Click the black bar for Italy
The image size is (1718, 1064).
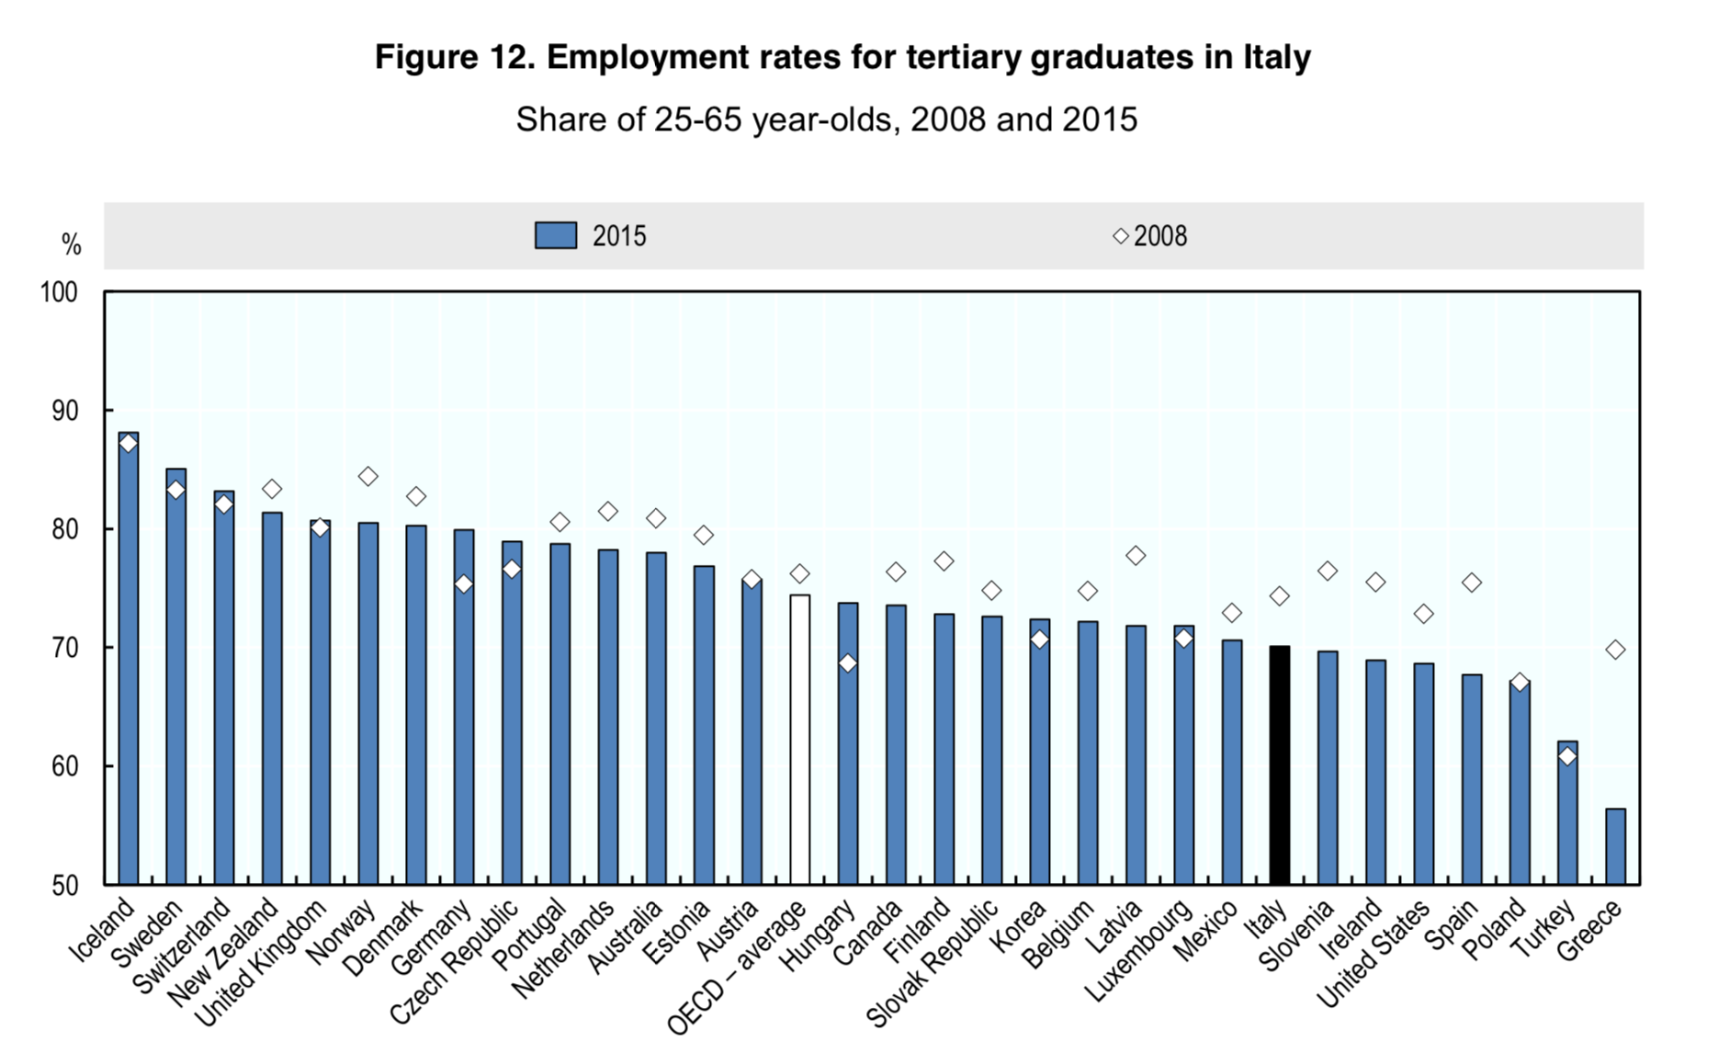[x=1279, y=764]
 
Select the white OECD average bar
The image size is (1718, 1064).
[x=799, y=739]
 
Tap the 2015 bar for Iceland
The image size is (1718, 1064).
[x=129, y=658]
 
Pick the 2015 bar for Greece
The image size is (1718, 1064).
[x=1615, y=846]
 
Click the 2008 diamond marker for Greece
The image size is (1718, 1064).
[x=1615, y=650]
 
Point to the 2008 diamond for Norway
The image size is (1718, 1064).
[x=367, y=476]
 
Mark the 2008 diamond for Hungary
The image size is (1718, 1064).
[x=848, y=662]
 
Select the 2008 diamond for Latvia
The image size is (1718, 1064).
[x=1136, y=555]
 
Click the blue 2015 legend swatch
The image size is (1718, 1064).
[x=556, y=235]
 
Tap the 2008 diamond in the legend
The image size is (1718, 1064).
[x=1121, y=236]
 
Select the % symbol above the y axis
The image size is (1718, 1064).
[x=71, y=244]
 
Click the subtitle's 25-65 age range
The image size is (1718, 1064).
[x=698, y=119]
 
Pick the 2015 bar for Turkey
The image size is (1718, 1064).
[x=1567, y=812]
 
